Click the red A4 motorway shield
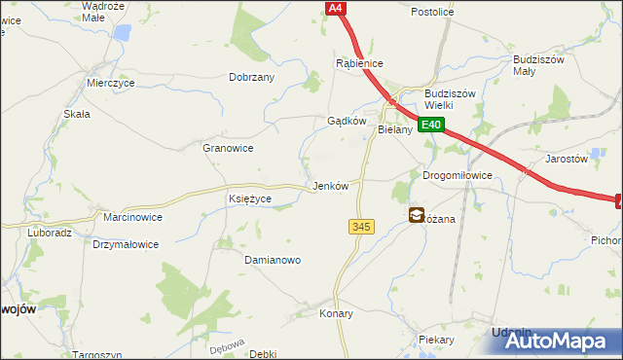point(335,8)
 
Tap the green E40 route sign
point(432,125)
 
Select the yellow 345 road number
point(360,227)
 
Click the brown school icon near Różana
point(416,216)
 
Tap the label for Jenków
point(328,185)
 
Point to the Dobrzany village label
point(251,77)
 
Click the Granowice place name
point(227,148)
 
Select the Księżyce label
point(249,198)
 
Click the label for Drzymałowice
point(126,244)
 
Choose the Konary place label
point(336,314)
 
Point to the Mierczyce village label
point(110,84)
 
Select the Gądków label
point(346,122)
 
